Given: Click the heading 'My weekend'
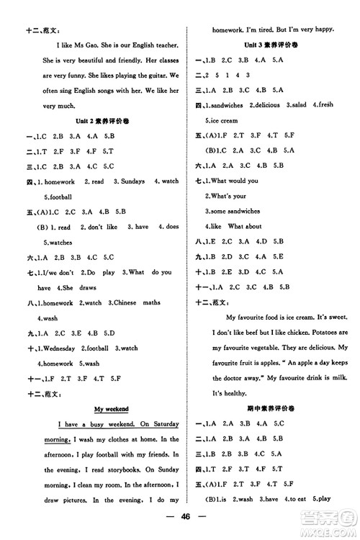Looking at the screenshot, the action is pyautogui.click(x=111, y=408).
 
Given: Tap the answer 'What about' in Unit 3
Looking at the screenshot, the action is pyautogui.click(x=248, y=225).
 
